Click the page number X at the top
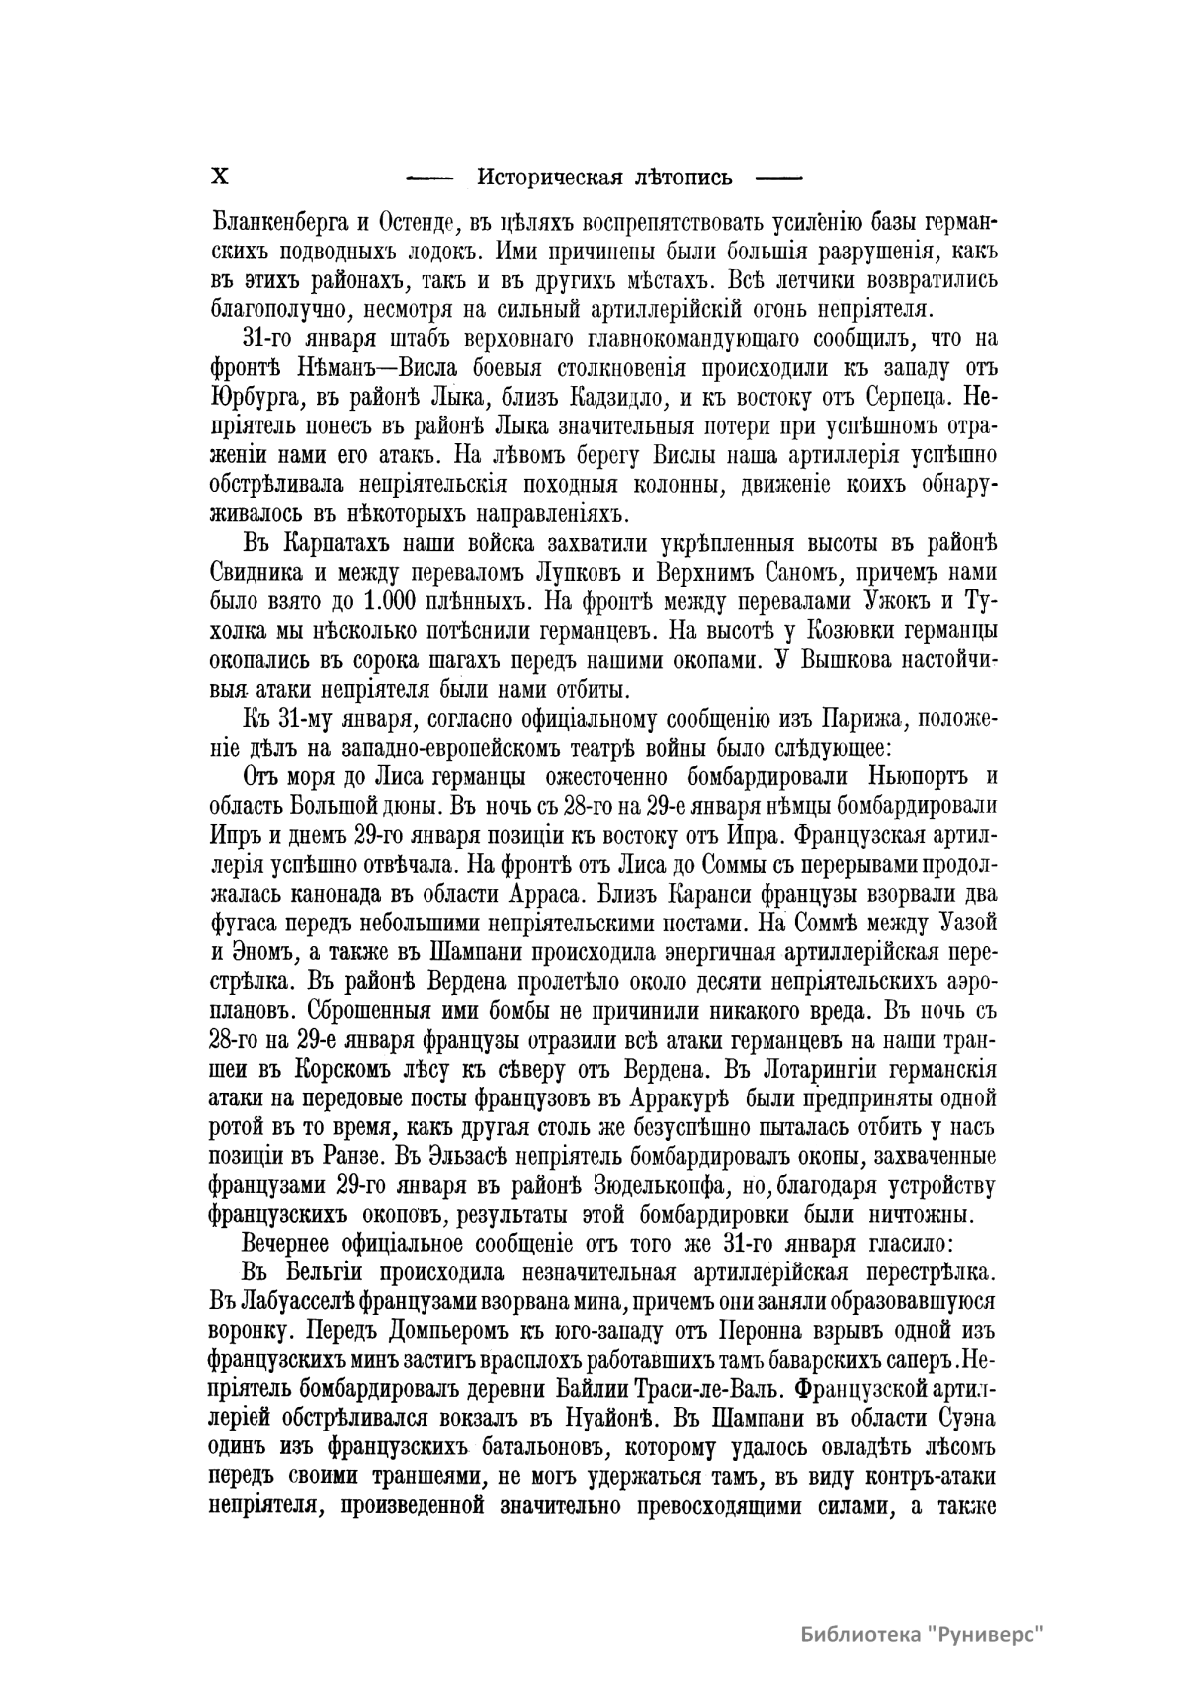[220, 178]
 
